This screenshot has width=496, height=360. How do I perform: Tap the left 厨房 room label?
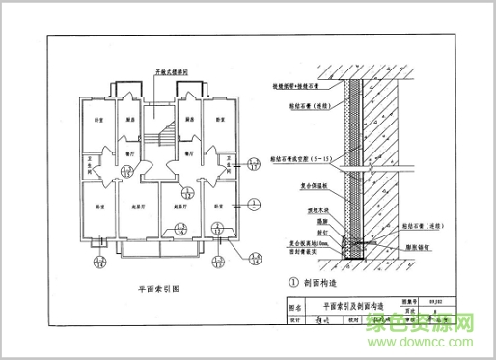pyautogui.click(x=129, y=119)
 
